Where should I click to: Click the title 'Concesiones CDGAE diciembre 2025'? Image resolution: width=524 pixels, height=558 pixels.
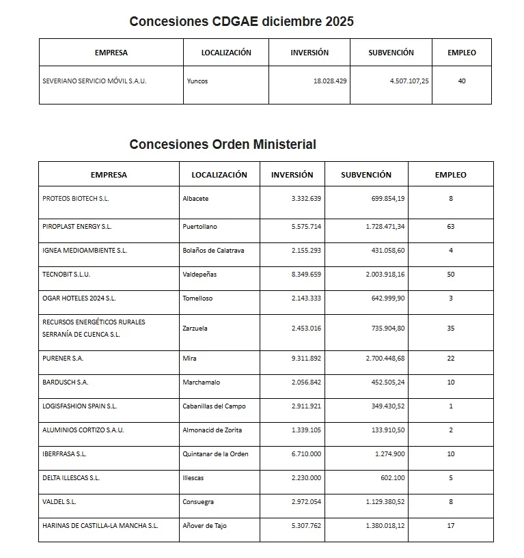click(241, 21)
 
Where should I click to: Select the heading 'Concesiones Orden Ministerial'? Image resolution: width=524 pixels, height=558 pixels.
click(223, 144)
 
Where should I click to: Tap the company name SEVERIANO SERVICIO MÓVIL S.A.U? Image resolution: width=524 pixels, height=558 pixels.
click(94, 81)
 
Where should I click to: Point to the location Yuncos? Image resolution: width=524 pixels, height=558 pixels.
click(197, 81)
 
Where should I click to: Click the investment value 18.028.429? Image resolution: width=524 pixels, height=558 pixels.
click(330, 81)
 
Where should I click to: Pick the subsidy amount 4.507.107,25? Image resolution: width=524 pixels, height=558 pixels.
click(409, 81)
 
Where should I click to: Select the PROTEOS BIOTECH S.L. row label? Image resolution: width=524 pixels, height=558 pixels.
click(75, 199)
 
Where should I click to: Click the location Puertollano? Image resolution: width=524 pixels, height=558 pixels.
click(199, 226)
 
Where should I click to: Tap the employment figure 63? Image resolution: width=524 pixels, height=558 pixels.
click(450, 226)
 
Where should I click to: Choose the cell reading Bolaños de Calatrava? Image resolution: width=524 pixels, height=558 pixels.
click(213, 250)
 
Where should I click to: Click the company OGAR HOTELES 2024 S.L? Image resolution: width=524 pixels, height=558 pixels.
click(79, 298)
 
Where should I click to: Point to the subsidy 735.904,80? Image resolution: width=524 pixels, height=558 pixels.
click(385, 328)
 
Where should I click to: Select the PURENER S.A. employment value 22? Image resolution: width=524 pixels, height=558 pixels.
click(450, 358)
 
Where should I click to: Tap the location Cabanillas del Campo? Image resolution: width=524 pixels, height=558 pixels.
click(214, 406)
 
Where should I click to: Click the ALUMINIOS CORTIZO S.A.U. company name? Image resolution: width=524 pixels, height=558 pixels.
click(83, 430)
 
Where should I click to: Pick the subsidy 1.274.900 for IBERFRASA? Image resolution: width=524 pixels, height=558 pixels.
click(389, 454)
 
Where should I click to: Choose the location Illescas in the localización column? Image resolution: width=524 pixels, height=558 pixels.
click(193, 477)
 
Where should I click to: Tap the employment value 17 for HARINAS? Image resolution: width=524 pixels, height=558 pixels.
click(450, 525)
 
